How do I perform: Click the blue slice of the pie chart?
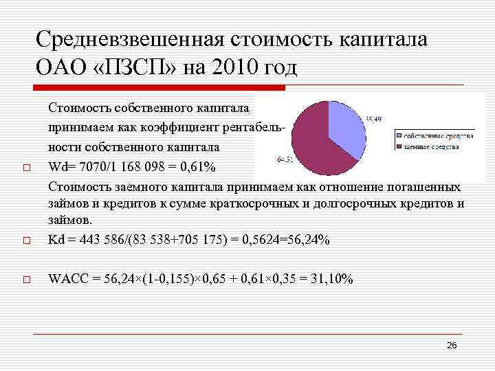point(346,124)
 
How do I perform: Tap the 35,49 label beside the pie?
point(374,120)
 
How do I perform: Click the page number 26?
point(452,345)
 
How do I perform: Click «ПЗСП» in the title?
point(126,67)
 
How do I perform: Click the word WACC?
point(66,279)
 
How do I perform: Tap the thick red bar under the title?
point(159,88)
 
